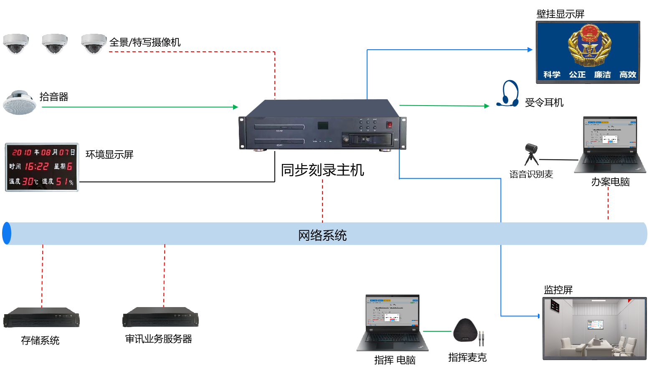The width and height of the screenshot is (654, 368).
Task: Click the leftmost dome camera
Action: (x=16, y=44)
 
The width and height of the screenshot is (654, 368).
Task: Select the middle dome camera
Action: (x=55, y=44)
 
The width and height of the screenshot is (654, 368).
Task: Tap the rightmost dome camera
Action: (x=94, y=44)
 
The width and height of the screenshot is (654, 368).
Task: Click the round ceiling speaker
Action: (x=19, y=102)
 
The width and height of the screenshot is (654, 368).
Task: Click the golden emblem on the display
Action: (x=589, y=45)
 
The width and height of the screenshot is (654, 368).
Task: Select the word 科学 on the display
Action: (x=552, y=75)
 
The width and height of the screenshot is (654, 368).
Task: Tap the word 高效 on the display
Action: (x=627, y=75)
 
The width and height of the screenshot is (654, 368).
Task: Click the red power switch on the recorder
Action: (x=389, y=124)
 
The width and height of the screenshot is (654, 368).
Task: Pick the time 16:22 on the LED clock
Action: (x=37, y=166)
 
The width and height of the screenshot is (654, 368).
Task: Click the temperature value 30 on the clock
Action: (x=28, y=181)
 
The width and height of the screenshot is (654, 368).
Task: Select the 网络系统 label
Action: (x=322, y=235)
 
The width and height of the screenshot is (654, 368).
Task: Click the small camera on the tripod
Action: (x=531, y=153)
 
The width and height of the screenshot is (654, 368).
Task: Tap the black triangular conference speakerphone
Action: (x=466, y=331)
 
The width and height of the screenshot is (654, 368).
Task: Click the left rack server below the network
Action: (x=41, y=318)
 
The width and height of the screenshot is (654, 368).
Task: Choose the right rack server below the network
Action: (x=160, y=318)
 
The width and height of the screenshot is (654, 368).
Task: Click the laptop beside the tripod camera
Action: (x=609, y=145)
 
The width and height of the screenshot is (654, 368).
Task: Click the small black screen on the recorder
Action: (x=323, y=126)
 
